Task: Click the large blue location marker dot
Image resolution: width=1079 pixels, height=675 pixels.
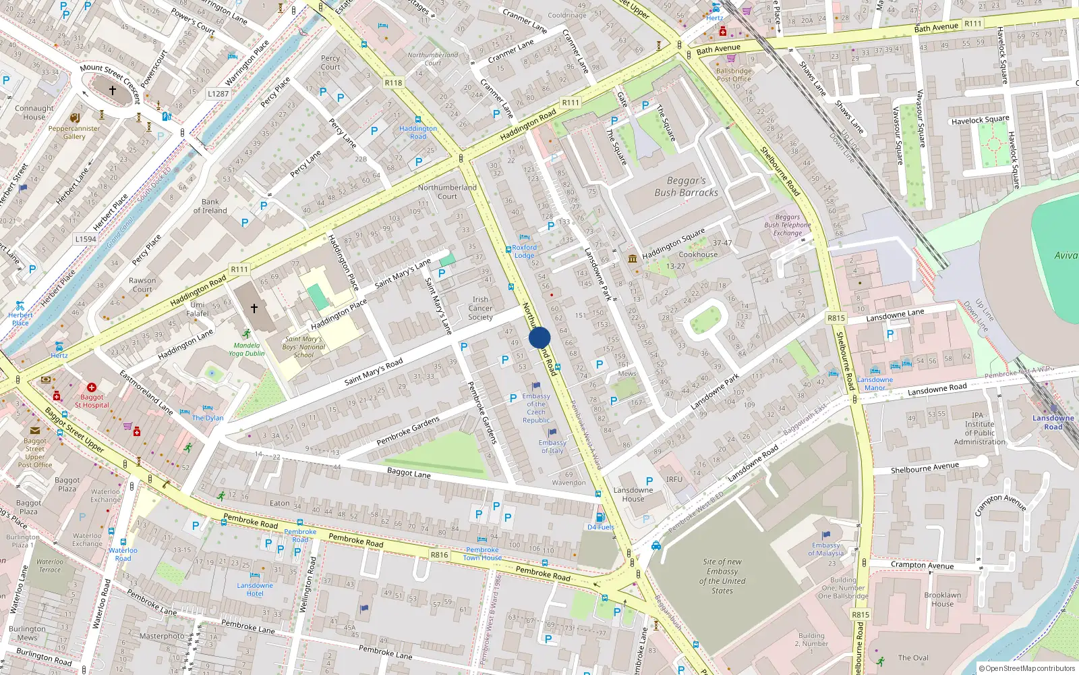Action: point(539,337)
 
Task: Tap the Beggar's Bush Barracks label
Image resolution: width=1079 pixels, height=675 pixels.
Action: point(686,187)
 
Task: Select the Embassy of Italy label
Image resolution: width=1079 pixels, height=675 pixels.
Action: point(552,447)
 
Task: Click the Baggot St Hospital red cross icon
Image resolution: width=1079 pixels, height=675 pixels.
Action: point(92,388)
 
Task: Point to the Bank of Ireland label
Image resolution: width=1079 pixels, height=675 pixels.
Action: point(210,206)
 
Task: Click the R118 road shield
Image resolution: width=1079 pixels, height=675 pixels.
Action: point(393,83)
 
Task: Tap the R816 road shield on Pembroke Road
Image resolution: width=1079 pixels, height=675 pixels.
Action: point(439,555)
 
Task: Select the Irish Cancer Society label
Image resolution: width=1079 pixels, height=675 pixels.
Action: point(480,308)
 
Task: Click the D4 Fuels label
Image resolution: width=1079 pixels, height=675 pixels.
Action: point(600,527)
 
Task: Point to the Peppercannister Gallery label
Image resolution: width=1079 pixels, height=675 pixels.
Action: point(74,132)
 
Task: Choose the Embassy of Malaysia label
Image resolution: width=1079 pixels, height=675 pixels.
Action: point(825,549)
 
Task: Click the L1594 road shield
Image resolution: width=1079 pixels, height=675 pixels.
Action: point(86,239)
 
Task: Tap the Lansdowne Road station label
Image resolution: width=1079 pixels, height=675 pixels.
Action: point(1053,422)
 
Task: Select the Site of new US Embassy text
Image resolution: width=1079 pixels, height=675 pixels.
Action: point(722,576)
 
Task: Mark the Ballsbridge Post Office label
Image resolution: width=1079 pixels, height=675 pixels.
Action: point(734,75)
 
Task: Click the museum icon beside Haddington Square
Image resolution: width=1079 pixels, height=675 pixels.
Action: point(633,259)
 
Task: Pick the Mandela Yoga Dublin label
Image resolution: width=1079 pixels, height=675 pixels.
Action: point(246,349)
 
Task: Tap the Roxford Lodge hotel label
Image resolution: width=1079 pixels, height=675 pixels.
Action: point(524,251)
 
